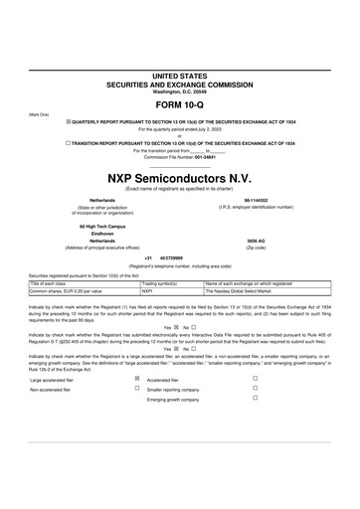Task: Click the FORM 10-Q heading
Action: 180,102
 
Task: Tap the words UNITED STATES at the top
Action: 180,76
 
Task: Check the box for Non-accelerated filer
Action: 137,389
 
